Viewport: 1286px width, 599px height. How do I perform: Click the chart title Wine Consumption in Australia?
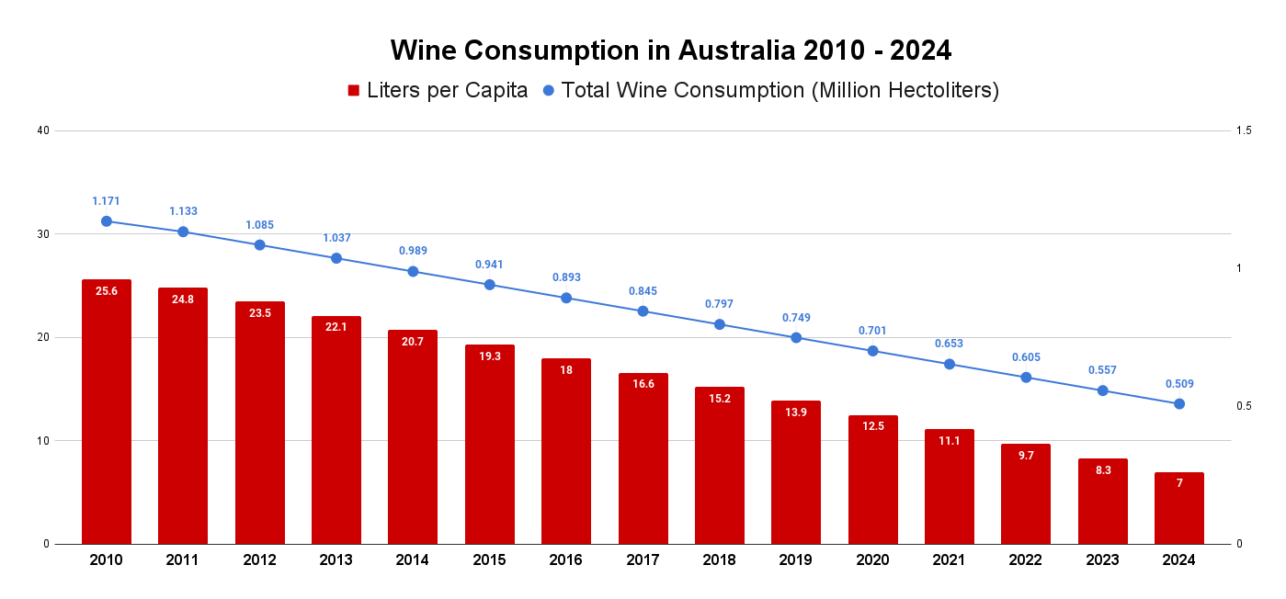point(670,50)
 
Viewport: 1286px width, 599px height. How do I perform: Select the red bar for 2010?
point(106,413)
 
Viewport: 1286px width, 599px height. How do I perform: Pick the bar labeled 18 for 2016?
point(566,450)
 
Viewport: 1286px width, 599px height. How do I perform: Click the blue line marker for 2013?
point(336,258)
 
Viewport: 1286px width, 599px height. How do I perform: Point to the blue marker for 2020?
point(872,351)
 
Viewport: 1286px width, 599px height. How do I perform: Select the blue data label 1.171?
point(106,200)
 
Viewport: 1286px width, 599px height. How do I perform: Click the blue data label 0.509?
point(1178,384)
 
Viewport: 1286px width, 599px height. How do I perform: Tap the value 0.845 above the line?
point(643,291)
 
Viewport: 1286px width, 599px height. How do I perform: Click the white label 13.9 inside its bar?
point(796,413)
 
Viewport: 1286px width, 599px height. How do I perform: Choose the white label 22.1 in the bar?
point(336,328)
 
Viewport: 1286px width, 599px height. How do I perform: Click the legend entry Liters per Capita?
point(447,90)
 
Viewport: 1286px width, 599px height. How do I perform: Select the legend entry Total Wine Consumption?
point(780,90)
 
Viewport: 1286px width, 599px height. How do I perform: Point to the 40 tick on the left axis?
point(42,130)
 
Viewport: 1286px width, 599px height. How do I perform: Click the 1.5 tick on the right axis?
point(1244,130)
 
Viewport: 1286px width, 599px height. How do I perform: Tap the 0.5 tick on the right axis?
point(1244,406)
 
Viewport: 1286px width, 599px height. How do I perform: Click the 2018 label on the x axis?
point(720,560)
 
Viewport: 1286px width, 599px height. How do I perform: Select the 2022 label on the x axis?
point(1026,560)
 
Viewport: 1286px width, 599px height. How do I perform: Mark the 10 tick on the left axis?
point(42,441)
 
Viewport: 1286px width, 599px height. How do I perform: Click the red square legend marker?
point(353,90)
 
